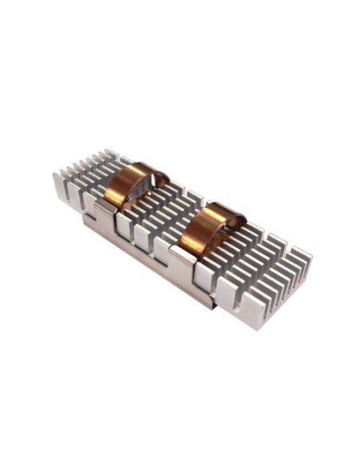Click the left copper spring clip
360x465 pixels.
pyautogui.click(x=127, y=182)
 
